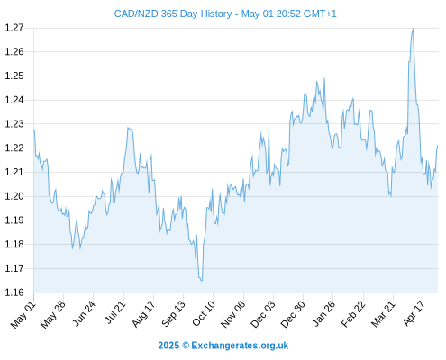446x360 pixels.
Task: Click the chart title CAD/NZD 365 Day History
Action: [173, 13]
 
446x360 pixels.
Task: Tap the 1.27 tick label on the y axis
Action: [14, 28]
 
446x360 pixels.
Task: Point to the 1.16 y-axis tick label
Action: [14, 292]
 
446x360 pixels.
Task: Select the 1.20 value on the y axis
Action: [14, 196]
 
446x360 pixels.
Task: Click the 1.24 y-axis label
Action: [14, 100]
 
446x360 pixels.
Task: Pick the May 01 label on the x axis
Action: [23, 315]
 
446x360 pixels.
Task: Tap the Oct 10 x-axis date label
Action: [204, 313]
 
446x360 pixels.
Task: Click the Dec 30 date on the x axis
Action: [293, 314]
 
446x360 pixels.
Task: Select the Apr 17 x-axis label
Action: [414, 313]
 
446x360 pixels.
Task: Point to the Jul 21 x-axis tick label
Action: [115, 312]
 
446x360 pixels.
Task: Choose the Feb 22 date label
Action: [353, 314]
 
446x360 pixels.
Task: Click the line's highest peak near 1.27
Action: [414, 29]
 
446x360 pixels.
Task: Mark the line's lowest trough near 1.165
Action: [202, 281]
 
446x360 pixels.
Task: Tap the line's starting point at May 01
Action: [34, 130]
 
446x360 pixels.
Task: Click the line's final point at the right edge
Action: [438, 146]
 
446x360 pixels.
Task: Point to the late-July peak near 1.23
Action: [128, 128]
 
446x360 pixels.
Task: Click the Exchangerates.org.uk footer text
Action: [240, 346]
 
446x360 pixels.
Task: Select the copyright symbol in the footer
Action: [186, 346]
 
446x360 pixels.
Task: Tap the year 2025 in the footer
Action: [168, 346]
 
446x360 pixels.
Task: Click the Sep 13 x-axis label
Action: [173, 314]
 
